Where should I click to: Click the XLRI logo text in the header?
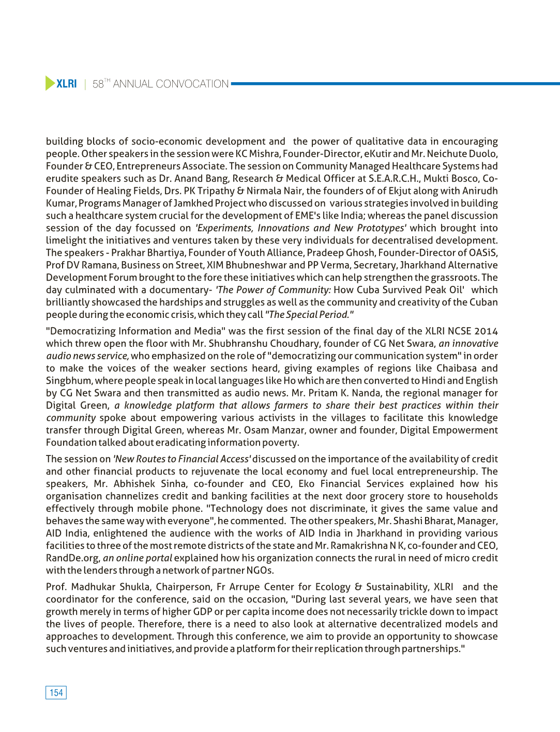coord(67,84)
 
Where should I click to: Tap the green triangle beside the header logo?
coord(50,83)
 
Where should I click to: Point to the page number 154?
coord(56,693)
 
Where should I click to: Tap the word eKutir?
coord(377,154)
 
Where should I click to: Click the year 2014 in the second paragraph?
coord(486,331)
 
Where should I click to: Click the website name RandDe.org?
coord(73,558)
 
